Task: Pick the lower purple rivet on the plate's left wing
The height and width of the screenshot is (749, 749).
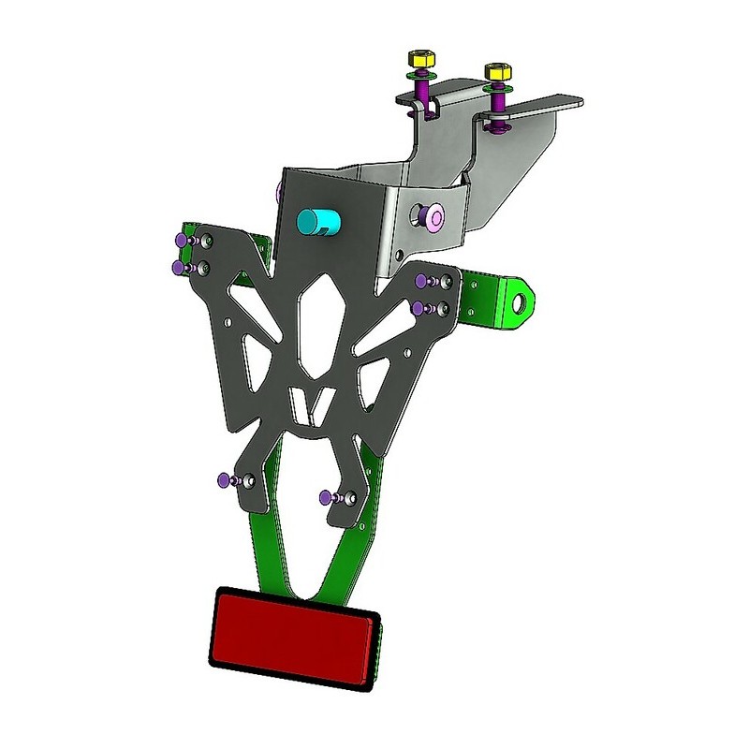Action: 181,269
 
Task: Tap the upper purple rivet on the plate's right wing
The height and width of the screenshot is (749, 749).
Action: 422,279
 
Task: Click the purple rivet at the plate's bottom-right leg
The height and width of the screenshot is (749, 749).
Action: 326,496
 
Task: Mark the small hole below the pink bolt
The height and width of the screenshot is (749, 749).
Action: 400,255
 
